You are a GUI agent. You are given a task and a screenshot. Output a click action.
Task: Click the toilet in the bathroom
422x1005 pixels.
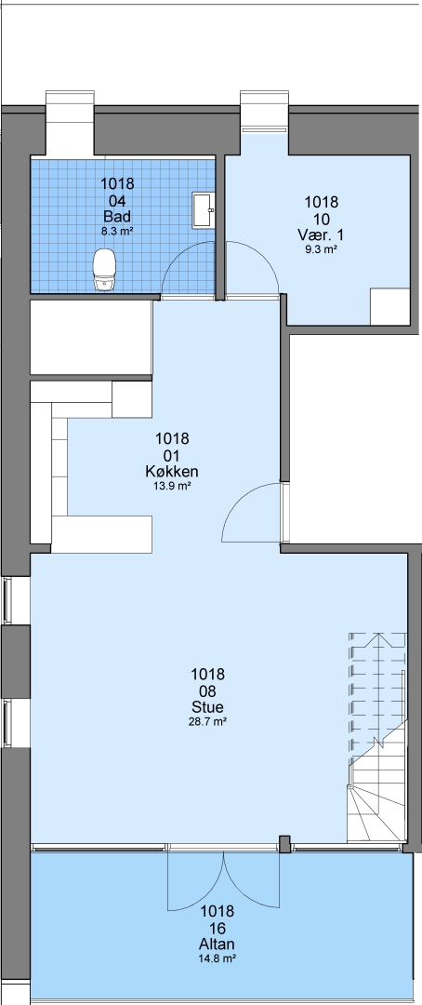point(103,270)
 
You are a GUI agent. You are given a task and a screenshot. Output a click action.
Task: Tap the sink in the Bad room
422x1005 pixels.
point(204,209)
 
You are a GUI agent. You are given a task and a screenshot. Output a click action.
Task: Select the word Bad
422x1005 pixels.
point(117,215)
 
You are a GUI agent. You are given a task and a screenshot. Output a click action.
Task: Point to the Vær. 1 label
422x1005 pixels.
point(321,234)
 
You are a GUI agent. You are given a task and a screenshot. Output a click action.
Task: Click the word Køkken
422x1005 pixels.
point(172,472)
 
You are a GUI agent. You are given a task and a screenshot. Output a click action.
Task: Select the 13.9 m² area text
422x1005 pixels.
point(172,487)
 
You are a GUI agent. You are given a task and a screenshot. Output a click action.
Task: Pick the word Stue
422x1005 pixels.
point(207,707)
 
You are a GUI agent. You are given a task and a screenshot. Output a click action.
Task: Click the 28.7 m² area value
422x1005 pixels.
point(207,722)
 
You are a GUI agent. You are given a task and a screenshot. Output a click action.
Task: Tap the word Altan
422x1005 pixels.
point(218,945)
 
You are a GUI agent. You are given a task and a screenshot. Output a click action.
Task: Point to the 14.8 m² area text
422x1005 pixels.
point(218,959)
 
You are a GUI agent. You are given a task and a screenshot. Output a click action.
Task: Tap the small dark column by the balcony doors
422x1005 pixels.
point(285,844)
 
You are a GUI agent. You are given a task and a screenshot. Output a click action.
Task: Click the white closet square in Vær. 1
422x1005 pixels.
point(390,306)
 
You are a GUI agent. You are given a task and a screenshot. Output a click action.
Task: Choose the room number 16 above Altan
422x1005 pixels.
point(218,928)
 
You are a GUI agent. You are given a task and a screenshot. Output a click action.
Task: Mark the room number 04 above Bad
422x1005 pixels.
point(117,200)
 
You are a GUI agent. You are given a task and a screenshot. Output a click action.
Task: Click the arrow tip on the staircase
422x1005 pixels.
point(377,636)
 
